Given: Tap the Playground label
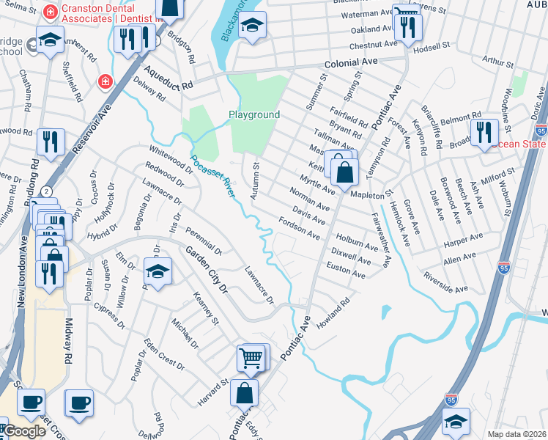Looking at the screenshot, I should pos(254,115).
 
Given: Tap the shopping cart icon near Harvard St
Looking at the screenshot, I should pos(251,359).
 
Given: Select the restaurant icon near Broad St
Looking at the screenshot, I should pos(484,133).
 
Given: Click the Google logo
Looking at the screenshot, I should pos(23,431).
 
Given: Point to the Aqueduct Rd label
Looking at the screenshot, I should pos(169,79).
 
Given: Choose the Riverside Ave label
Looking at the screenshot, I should pos(445,283).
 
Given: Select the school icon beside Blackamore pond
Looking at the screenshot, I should pos(252,26).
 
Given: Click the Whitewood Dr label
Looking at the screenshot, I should pos(169,159).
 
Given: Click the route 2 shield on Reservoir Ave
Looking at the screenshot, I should pos(47,191).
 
